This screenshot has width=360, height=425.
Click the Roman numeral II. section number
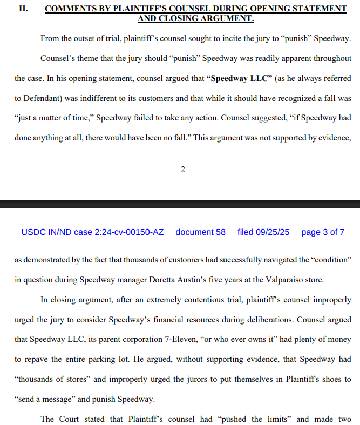coord(24,9)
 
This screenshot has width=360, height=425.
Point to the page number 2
coord(182,170)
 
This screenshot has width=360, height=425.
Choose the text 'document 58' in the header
coord(200,232)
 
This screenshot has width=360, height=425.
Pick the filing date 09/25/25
coord(274,232)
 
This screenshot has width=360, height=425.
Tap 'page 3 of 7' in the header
coord(322,232)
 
